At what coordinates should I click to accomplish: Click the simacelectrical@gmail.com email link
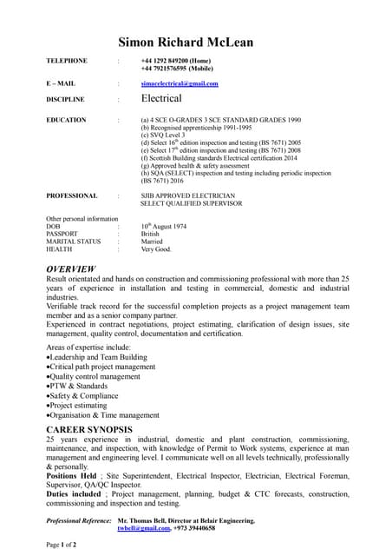coord(180,83)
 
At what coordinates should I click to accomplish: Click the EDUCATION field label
coord(66,119)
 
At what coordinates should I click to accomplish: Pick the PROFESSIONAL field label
coord(72,195)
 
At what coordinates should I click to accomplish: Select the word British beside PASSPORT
coord(152,234)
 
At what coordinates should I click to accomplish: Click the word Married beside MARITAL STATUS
coord(153,242)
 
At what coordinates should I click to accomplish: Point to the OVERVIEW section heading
coord(71,269)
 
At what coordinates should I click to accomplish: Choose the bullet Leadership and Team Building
coord(98,357)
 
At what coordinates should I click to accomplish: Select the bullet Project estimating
coord(86,405)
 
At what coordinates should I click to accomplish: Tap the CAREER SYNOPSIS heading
coord(89,429)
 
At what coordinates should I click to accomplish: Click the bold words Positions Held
coord(72,476)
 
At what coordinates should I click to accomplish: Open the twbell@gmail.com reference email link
coord(143,527)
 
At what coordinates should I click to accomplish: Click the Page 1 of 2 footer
coord(62,544)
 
